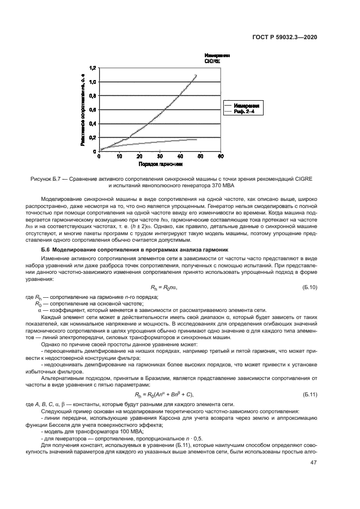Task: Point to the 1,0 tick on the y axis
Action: pos(92,82)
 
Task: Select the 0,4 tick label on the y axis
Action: pos(92,124)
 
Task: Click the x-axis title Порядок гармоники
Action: pos(160,163)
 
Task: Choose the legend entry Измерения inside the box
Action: pos(247,105)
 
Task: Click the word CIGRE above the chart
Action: pos(212,62)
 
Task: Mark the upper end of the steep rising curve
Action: pos(196,75)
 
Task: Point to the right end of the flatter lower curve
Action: pos(196,139)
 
